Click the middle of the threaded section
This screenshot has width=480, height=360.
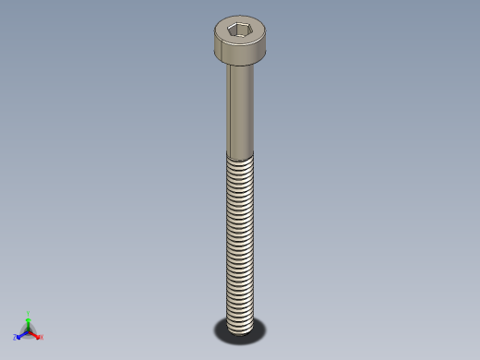[240, 240]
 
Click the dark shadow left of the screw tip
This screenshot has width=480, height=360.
[221, 327]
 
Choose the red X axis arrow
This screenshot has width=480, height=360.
[36, 334]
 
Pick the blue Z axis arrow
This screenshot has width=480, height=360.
[20, 334]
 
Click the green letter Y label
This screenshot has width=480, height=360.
[29, 313]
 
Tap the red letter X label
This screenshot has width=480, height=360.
[42, 337]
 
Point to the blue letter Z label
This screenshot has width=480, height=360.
[15, 338]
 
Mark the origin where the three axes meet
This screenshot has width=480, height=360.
[28, 330]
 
